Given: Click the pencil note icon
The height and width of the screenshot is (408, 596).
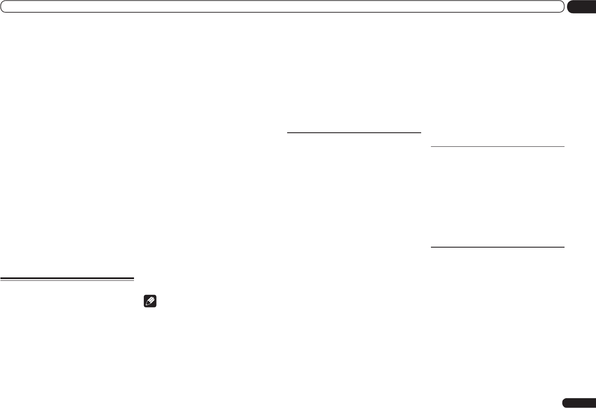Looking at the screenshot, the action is click(x=151, y=302).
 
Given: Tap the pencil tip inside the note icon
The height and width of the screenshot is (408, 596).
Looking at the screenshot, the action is click(x=148, y=305).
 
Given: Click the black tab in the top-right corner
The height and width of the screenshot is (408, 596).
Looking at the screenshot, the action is click(x=582, y=7).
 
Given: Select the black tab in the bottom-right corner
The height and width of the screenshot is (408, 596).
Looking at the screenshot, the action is click(x=579, y=403).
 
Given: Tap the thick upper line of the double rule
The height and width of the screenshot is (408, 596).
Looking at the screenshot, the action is click(x=67, y=278).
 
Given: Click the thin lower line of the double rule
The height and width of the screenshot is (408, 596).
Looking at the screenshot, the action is click(x=67, y=281).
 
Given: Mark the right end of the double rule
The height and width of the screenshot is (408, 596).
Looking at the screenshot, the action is click(x=133, y=279).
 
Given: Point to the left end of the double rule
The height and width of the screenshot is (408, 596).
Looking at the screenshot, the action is click(x=1, y=279).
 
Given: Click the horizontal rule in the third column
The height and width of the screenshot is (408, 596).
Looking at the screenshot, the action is click(x=354, y=133).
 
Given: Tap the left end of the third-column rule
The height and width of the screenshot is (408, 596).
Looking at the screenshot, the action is click(x=288, y=133).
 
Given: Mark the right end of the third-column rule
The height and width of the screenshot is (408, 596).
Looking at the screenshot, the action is click(x=420, y=133).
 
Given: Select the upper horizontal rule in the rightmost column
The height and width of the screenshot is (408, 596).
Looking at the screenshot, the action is click(x=497, y=146).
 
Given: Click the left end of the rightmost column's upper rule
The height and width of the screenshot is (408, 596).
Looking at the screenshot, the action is click(x=432, y=146).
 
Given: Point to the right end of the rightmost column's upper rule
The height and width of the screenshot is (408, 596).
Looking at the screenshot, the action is click(x=564, y=146).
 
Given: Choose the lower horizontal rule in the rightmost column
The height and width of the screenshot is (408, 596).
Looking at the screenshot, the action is click(x=497, y=247).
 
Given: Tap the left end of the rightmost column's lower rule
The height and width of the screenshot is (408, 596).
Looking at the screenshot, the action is click(x=432, y=247).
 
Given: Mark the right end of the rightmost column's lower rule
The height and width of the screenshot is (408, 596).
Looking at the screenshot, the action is click(x=564, y=247).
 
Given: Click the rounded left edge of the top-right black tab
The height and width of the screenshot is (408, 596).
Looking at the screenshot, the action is click(x=569, y=7).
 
